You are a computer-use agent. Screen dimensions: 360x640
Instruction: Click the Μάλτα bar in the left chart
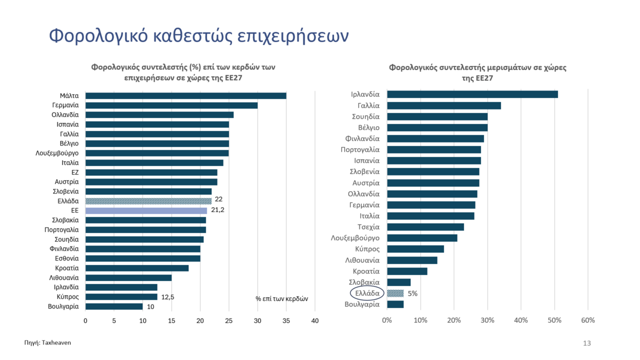click(x=185, y=95)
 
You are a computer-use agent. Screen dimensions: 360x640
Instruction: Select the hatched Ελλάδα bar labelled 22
click(x=148, y=201)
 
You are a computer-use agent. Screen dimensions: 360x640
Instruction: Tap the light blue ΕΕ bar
click(x=146, y=210)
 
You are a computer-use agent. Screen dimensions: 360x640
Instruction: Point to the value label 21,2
click(x=217, y=210)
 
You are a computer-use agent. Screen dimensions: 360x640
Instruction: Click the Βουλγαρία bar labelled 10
click(x=114, y=306)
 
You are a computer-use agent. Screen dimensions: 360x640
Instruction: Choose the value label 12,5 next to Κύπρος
click(x=167, y=296)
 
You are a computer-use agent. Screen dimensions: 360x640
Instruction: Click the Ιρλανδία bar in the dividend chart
click(x=472, y=94)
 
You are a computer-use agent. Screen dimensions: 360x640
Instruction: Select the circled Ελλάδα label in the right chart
click(x=364, y=293)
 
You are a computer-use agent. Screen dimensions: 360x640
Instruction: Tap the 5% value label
click(x=412, y=293)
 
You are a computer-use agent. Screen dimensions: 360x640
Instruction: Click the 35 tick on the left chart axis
click(x=286, y=320)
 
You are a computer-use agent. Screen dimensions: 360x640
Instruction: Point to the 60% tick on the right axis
click(x=587, y=320)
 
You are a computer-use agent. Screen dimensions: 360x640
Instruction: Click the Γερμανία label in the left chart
click(x=65, y=105)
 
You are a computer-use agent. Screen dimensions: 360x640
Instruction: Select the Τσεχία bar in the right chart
click(x=425, y=227)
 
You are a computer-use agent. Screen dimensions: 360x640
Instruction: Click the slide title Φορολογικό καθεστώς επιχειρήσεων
click(x=198, y=36)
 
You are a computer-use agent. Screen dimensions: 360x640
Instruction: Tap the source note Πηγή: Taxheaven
click(x=44, y=343)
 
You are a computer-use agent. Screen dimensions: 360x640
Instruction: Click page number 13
click(x=587, y=343)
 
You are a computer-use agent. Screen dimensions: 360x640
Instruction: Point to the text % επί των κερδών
click(x=281, y=298)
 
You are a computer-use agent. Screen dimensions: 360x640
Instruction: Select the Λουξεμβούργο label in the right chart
click(x=355, y=238)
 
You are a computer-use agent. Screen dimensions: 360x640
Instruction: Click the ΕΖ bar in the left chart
click(x=151, y=172)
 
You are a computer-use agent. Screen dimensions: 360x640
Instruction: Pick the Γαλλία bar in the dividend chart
click(x=443, y=105)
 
